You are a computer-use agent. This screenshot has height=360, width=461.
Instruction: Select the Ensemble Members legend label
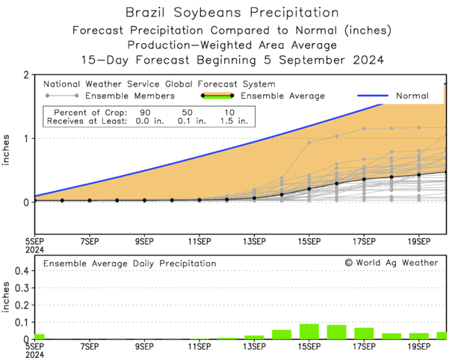pos(130,96)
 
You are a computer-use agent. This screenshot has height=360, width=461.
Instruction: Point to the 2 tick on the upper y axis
pos(28,75)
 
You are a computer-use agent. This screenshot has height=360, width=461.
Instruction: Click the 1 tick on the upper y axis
pos(28,138)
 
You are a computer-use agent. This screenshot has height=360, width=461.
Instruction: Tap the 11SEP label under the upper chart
pos(199,241)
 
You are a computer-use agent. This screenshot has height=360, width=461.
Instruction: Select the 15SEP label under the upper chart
pos(309,241)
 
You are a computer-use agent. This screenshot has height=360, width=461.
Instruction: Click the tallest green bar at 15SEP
pos(309,332)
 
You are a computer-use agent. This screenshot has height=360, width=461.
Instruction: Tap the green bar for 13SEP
pos(254,337)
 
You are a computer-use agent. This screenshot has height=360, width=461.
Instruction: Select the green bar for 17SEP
pos(364,333)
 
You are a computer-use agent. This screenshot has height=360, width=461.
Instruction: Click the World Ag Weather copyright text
pos(391,263)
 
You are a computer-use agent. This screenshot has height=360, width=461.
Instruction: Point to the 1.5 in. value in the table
pos(229,120)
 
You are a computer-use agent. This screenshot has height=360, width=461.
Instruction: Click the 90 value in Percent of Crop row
pos(146,111)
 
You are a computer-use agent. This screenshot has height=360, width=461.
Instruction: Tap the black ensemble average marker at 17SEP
pos(364,179)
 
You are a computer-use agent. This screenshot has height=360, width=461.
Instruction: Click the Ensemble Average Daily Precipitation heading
pos(129,264)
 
